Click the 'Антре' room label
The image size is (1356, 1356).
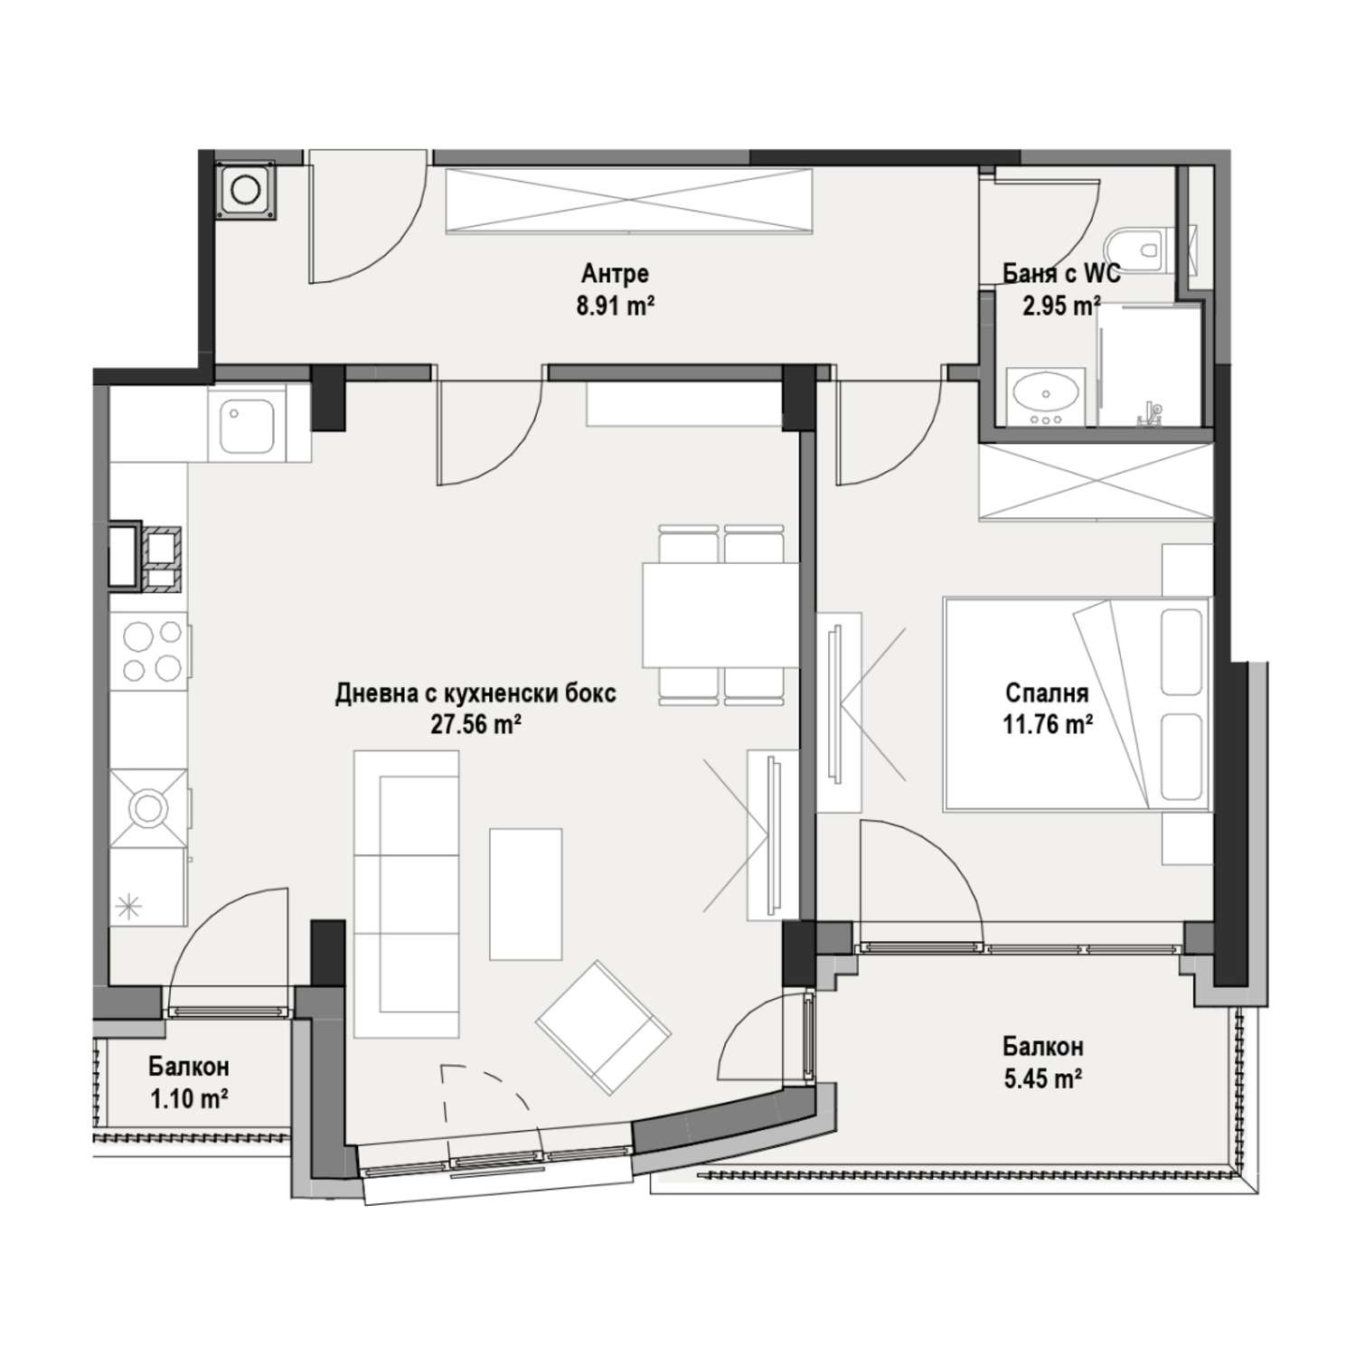615,273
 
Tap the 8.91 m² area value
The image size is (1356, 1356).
615,306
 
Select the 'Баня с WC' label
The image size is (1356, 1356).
1061,273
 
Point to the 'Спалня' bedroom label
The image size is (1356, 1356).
1047,693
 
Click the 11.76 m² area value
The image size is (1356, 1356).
1047,725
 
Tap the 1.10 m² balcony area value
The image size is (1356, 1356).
188,1098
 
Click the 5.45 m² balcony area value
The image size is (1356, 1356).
1042,1078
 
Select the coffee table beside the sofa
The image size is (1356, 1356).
526,893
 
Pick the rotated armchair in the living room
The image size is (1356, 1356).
604,1027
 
